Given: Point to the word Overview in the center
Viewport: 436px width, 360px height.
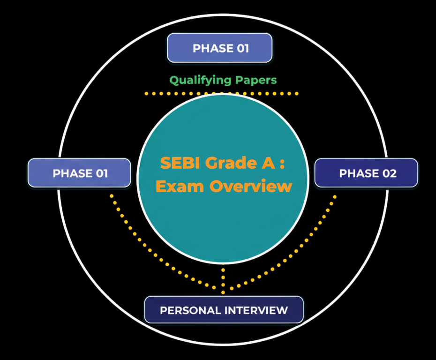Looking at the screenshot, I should tap(251, 186).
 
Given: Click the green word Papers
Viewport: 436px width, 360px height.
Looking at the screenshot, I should tap(256, 80).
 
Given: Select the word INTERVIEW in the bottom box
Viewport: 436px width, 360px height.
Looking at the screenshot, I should tap(256, 310).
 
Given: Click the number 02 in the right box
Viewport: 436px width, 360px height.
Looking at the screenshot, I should tap(388, 173).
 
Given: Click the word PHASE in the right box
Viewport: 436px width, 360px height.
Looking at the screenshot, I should tap(357, 173).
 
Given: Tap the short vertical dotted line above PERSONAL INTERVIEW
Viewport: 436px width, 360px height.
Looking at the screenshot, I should tap(223, 279).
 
